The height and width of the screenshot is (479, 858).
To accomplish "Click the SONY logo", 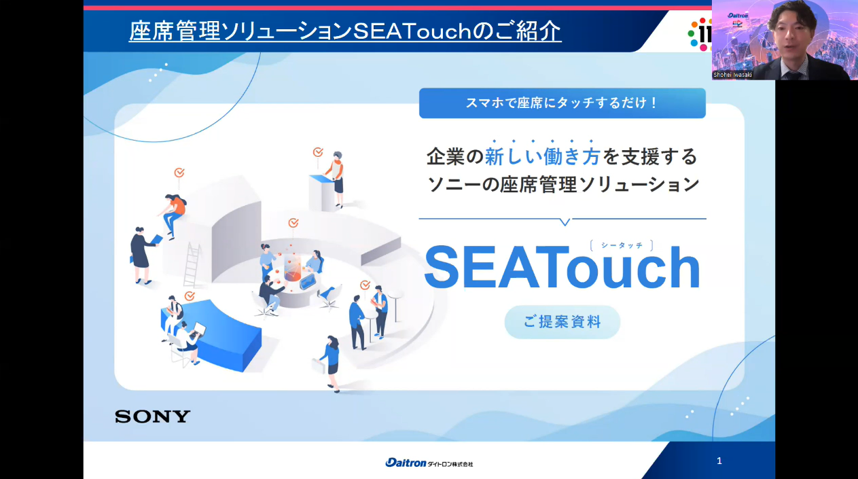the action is [x=152, y=416].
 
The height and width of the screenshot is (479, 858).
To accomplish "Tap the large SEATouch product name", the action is [x=562, y=267].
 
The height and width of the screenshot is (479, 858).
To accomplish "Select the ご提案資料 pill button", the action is [x=562, y=322].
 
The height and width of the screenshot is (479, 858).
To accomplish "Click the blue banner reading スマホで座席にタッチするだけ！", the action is [x=562, y=103].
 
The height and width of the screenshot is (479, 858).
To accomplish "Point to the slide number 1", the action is [x=719, y=461].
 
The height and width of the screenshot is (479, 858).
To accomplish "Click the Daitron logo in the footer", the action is [x=429, y=463].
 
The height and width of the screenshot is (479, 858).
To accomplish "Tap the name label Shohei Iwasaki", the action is [x=732, y=75].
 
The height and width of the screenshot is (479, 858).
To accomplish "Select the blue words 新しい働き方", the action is [x=542, y=157].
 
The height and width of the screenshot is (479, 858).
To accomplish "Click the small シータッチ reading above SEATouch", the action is [x=622, y=245].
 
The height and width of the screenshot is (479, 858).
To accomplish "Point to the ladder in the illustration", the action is [x=192, y=264].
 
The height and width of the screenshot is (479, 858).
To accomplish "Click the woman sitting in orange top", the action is [x=173, y=215].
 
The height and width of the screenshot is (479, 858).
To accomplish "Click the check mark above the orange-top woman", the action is [x=179, y=173].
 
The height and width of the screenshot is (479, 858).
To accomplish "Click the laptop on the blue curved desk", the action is [x=199, y=330].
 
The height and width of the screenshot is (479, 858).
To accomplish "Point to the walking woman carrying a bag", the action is [x=329, y=364].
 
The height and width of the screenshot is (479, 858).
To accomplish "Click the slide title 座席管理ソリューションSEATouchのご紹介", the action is [x=344, y=31].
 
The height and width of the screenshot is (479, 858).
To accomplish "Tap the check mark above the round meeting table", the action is [x=293, y=223].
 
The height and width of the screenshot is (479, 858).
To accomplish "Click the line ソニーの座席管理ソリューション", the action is [x=563, y=185].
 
